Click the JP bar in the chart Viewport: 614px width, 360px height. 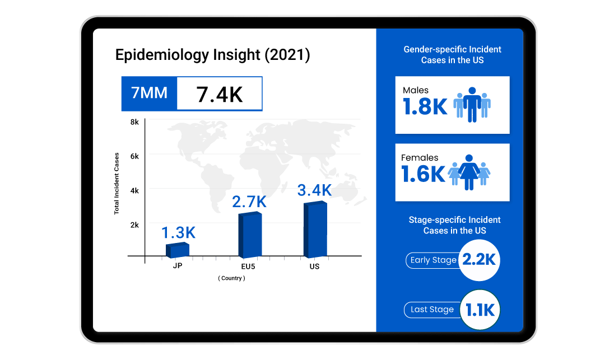[178, 250]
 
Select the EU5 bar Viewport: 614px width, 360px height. [249, 235]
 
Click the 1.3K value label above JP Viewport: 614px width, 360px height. [179, 232]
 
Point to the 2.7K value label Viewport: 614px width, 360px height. [250, 202]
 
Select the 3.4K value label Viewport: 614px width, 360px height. [314, 190]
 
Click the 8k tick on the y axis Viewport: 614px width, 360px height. [134, 122]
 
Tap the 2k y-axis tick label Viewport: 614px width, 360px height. [134, 225]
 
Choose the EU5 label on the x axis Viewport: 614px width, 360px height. [248, 267]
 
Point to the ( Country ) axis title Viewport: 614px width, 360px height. [231, 278]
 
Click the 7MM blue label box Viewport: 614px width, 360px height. [149, 93]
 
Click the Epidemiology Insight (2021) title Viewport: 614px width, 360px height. [212, 55]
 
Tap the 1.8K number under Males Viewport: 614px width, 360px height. [425, 107]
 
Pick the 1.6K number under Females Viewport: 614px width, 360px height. [423, 174]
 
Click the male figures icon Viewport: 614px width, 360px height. [472, 105]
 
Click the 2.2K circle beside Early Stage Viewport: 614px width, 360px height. [478, 260]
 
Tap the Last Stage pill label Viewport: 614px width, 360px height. [432, 310]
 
